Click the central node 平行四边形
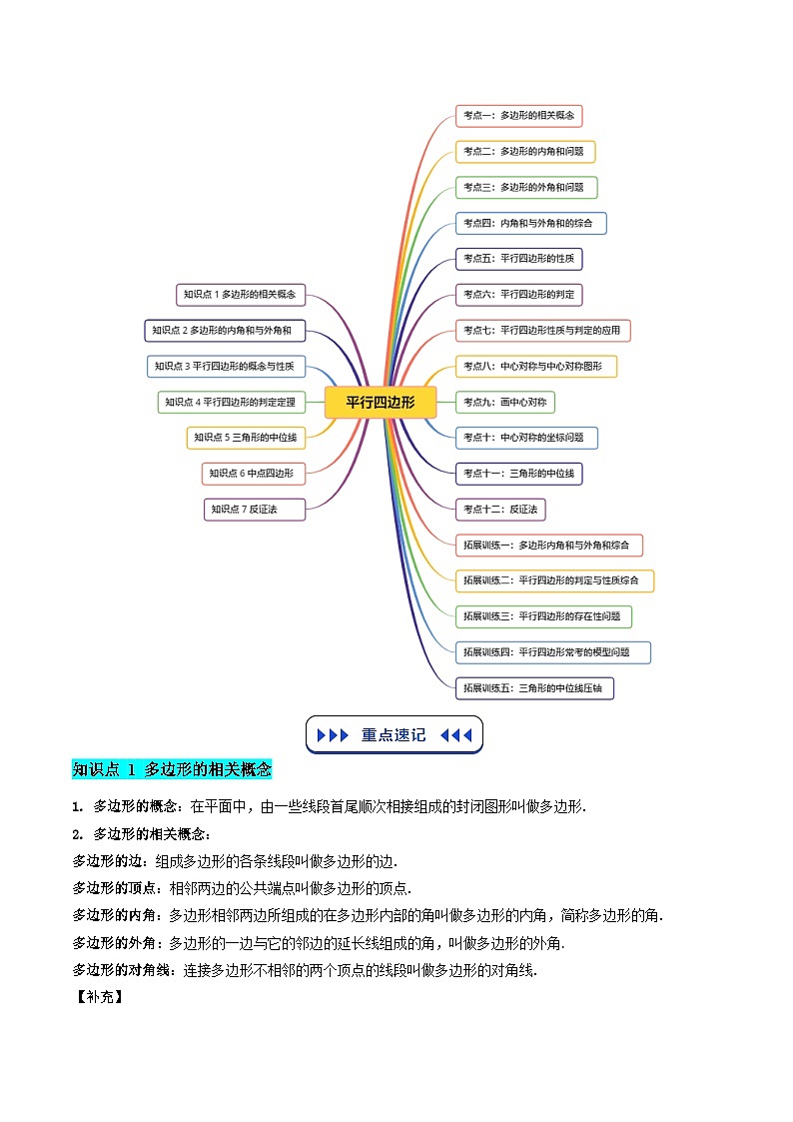pos(382,403)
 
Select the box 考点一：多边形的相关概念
pos(518,116)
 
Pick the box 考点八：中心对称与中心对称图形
pos(536,366)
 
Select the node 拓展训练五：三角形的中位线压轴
pos(534,688)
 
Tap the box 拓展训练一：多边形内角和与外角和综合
pos(548,546)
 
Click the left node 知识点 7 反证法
pos(255,510)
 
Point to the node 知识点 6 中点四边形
pos(253,473)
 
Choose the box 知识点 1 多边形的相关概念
pos(241,294)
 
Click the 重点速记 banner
pos(394,735)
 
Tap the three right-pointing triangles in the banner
pos(333,735)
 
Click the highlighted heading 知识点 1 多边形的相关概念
pos(172,769)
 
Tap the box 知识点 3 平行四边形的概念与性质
pos(226,367)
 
